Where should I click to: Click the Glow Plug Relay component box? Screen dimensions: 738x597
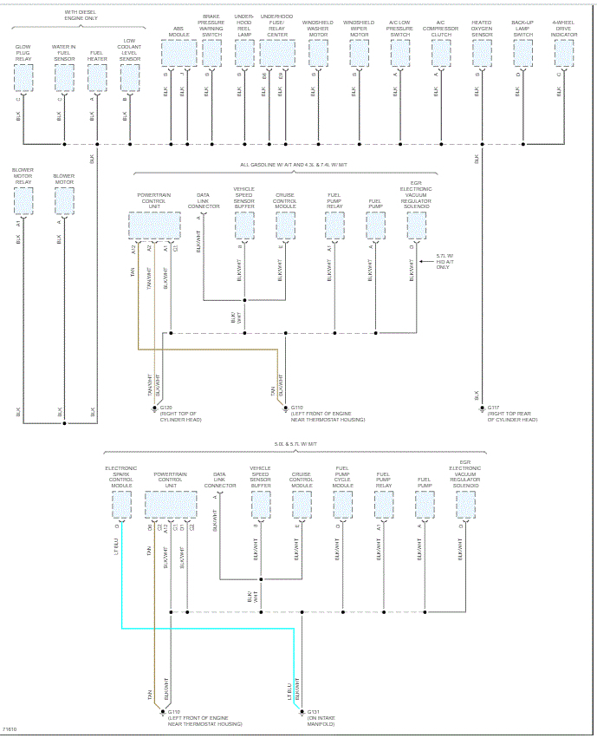tap(23, 77)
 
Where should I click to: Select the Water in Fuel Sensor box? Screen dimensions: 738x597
tap(63, 77)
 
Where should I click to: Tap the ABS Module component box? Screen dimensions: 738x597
tap(178, 54)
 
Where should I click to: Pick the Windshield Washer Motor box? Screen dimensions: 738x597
tap(318, 54)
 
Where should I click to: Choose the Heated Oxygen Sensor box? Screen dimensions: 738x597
tap(482, 54)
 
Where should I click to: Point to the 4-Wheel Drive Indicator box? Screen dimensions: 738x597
tap(564, 54)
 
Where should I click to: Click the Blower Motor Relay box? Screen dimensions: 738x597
tap(23, 200)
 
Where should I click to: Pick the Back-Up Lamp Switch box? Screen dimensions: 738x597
tap(522, 54)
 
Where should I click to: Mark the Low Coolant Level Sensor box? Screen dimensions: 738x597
tap(129, 77)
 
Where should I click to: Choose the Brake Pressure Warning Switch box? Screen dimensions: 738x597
tap(211, 54)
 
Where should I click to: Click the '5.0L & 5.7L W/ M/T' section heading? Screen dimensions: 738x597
tap(296, 443)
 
